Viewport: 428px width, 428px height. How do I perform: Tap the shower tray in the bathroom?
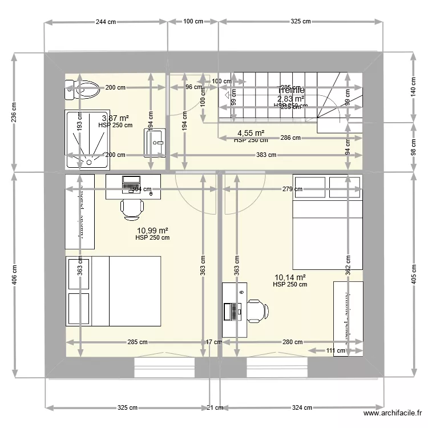(x=87, y=139)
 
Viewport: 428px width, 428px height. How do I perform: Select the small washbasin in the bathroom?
(x=155, y=142)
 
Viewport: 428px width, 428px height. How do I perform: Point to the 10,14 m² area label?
(x=290, y=278)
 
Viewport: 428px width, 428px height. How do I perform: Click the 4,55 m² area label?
(x=251, y=134)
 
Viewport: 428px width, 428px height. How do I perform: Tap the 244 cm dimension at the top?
(x=106, y=22)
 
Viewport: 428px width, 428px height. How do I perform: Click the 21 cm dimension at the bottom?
(x=215, y=408)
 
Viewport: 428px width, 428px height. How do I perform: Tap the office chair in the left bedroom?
(x=132, y=209)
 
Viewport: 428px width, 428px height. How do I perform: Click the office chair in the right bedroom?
(x=257, y=311)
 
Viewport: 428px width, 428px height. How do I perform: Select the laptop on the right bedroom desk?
(x=233, y=311)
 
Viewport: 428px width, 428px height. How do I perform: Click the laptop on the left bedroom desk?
(x=131, y=184)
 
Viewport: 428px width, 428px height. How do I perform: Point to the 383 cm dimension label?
(x=265, y=155)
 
